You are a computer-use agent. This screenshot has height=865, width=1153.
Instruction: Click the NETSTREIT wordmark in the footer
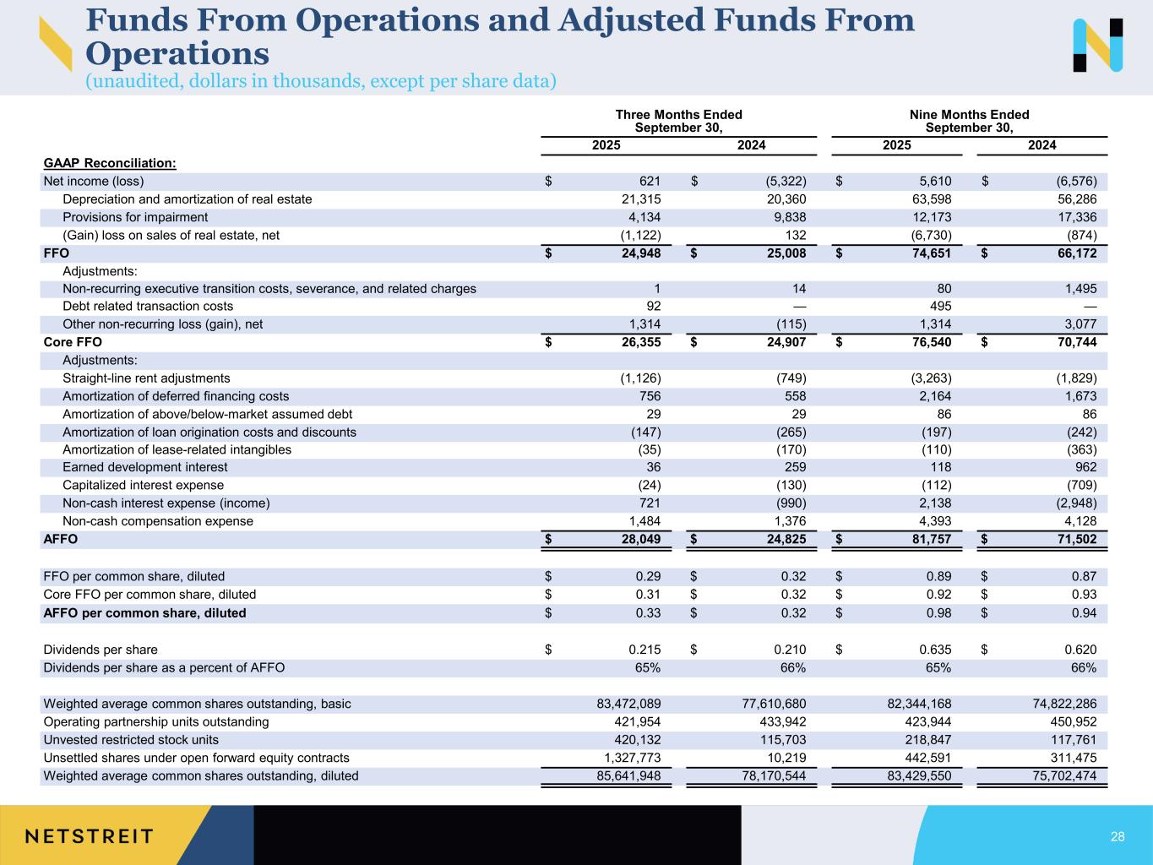point(90,836)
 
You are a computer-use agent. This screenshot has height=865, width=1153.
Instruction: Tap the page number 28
point(1118,836)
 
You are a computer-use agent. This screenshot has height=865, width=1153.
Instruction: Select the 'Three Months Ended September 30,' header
point(678,121)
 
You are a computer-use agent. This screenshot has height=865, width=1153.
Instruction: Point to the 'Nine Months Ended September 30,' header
point(969,121)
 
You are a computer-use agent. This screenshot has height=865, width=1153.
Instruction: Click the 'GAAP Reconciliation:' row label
point(110,163)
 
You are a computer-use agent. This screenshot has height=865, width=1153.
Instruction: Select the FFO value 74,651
point(929,253)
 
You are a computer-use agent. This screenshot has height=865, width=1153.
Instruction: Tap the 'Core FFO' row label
point(73,342)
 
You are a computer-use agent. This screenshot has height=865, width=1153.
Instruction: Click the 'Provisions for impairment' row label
point(135,217)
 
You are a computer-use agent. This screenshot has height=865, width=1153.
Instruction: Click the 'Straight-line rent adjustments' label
point(146,378)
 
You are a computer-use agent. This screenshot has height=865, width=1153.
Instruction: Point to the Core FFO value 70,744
point(1074,342)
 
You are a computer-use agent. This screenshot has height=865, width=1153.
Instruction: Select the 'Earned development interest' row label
point(144,467)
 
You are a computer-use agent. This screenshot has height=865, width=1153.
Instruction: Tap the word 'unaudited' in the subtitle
point(131,81)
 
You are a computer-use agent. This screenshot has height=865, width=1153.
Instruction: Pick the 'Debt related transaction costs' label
point(148,306)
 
